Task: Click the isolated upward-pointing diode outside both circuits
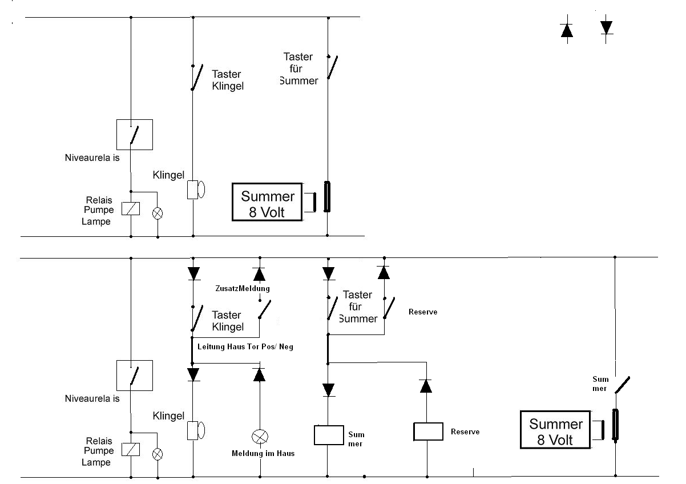(x=567, y=31)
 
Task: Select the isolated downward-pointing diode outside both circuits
(x=606, y=27)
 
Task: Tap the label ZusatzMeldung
(x=242, y=288)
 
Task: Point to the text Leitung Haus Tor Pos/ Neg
(x=245, y=346)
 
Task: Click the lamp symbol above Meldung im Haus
(x=260, y=437)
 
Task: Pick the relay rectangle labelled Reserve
(x=428, y=431)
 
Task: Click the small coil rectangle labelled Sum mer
(x=328, y=435)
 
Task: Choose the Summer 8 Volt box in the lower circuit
(x=556, y=431)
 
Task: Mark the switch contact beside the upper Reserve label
(x=390, y=308)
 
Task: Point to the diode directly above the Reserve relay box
(x=425, y=386)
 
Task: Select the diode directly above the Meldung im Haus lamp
(x=260, y=374)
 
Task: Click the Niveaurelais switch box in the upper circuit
(x=134, y=134)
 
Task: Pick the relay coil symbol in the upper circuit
(x=131, y=209)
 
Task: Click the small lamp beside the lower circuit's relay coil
(x=157, y=454)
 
